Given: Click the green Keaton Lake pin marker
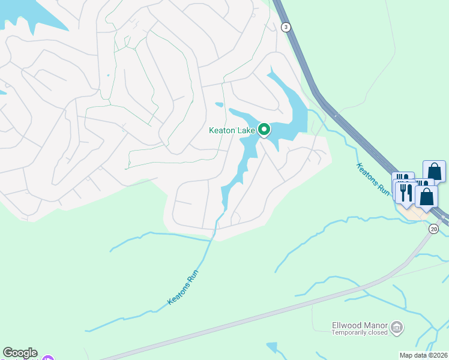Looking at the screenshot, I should pyautogui.click(x=264, y=129).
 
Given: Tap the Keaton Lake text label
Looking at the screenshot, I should pyautogui.click(x=232, y=130).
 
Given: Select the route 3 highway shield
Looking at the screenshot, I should pyautogui.click(x=286, y=27).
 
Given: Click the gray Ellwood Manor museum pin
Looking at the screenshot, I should pyautogui.click(x=397, y=328).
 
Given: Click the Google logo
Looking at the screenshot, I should pyautogui.click(x=20, y=353).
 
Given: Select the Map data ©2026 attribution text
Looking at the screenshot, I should pyautogui.click(x=423, y=355).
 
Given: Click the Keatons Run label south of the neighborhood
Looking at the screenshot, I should pyautogui.click(x=182, y=287).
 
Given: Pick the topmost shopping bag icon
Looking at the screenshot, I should pyautogui.click(x=434, y=171).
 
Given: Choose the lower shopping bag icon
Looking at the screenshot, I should pyautogui.click(x=426, y=196).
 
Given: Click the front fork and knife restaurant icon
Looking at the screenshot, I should pyautogui.click(x=406, y=191).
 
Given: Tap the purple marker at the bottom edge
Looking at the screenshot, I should pyautogui.click(x=47, y=358).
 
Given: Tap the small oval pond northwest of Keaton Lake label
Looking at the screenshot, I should pyautogui.click(x=219, y=104).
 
